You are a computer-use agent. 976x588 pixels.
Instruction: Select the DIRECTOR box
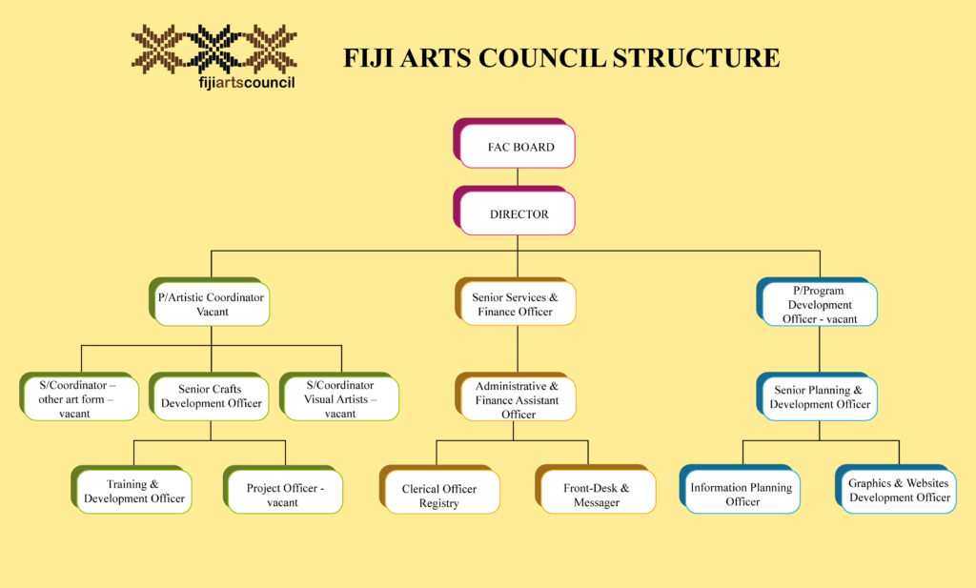click(518, 213)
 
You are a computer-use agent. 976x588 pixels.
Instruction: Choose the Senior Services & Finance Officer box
click(516, 304)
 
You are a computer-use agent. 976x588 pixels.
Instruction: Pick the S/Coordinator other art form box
click(80, 399)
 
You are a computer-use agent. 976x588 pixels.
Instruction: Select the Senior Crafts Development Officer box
click(211, 396)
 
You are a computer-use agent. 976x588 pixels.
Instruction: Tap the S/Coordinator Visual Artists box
click(341, 399)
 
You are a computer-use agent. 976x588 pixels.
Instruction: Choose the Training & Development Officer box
click(133, 491)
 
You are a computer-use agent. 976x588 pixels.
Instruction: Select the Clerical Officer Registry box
click(439, 494)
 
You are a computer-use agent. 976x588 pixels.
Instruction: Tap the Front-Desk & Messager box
click(597, 494)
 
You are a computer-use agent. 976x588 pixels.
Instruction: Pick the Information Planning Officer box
click(742, 493)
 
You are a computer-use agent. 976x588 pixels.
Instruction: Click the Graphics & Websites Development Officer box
click(899, 490)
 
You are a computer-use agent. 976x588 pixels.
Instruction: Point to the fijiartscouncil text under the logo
click(213, 83)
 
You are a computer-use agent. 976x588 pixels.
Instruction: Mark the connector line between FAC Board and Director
click(518, 177)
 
